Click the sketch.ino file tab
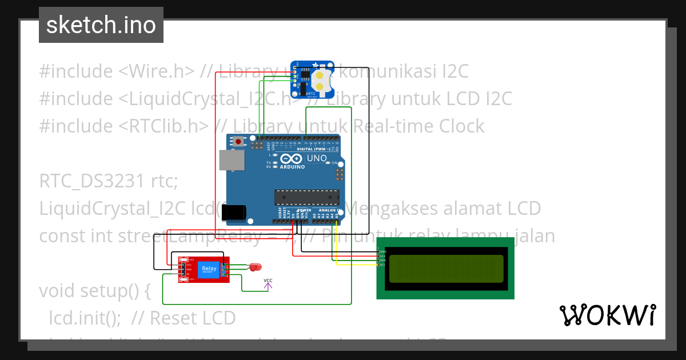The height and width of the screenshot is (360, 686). click(101, 25)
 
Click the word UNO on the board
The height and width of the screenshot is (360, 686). click(317, 158)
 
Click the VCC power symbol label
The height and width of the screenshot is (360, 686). click(268, 280)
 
